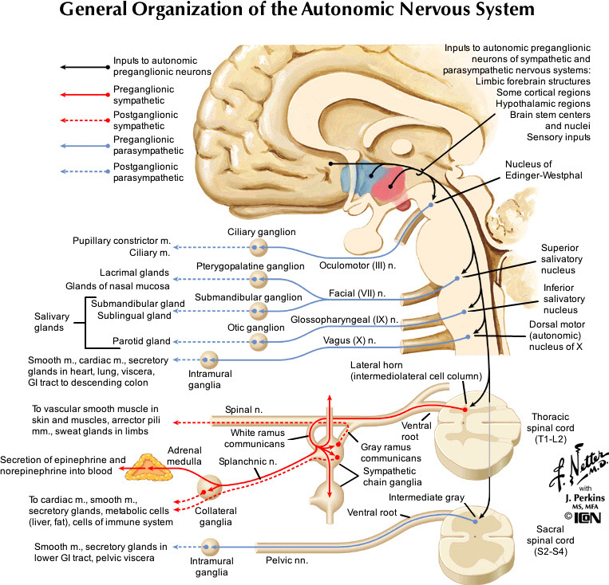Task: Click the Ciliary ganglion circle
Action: pos(259,247)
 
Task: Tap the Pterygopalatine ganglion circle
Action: pos(259,279)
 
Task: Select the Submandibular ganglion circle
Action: pos(259,311)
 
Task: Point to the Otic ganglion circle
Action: pos(259,343)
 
